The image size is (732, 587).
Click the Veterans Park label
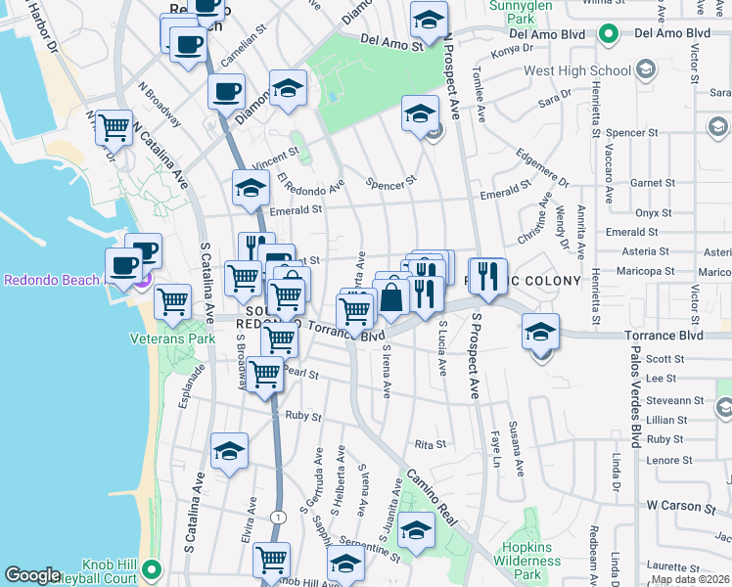(x=172, y=339)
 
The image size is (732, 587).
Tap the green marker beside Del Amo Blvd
(x=610, y=35)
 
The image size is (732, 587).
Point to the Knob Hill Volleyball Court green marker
(x=151, y=568)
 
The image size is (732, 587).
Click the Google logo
(x=32, y=575)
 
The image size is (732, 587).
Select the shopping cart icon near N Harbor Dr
(x=114, y=126)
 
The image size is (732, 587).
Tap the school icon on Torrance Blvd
(x=539, y=330)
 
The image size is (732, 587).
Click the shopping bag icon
(x=391, y=297)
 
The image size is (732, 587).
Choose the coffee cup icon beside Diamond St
(x=226, y=92)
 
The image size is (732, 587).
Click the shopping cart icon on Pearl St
(x=264, y=374)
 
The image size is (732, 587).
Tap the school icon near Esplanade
(x=229, y=450)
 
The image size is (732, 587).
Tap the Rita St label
(x=431, y=443)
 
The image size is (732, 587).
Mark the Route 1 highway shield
(x=279, y=516)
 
